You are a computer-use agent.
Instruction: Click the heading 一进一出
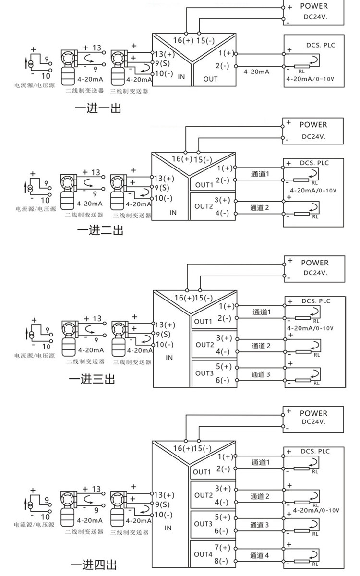coord(98,108)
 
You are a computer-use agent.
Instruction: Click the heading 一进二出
coord(100,231)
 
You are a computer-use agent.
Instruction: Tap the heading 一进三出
coord(92,379)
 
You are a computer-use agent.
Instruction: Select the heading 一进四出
coord(93,564)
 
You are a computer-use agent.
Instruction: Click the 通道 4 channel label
coord(260,556)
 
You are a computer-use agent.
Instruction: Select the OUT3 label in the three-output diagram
coord(204,373)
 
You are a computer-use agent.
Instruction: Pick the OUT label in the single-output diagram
coord(210,79)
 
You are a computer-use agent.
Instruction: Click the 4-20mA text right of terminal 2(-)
coord(256,71)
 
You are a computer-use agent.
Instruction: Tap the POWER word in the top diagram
coord(314,6)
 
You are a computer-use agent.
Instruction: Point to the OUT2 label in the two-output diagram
coord(204,206)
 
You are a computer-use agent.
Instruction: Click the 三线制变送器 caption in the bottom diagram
coord(130,532)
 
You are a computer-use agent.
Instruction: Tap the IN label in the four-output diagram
coord(168,528)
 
